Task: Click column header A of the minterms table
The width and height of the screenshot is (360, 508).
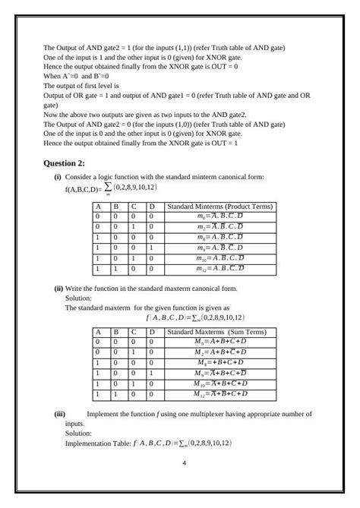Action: click(x=97, y=206)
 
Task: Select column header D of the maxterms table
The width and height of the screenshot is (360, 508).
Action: click(x=151, y=332)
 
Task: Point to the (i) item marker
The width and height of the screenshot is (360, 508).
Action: click(x=58, y=176)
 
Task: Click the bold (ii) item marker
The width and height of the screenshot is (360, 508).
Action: click(x=58, y=289)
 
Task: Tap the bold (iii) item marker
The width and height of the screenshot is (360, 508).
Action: click(x=59, y=414)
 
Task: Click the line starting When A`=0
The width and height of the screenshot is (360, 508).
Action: click(x=76, y=77)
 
